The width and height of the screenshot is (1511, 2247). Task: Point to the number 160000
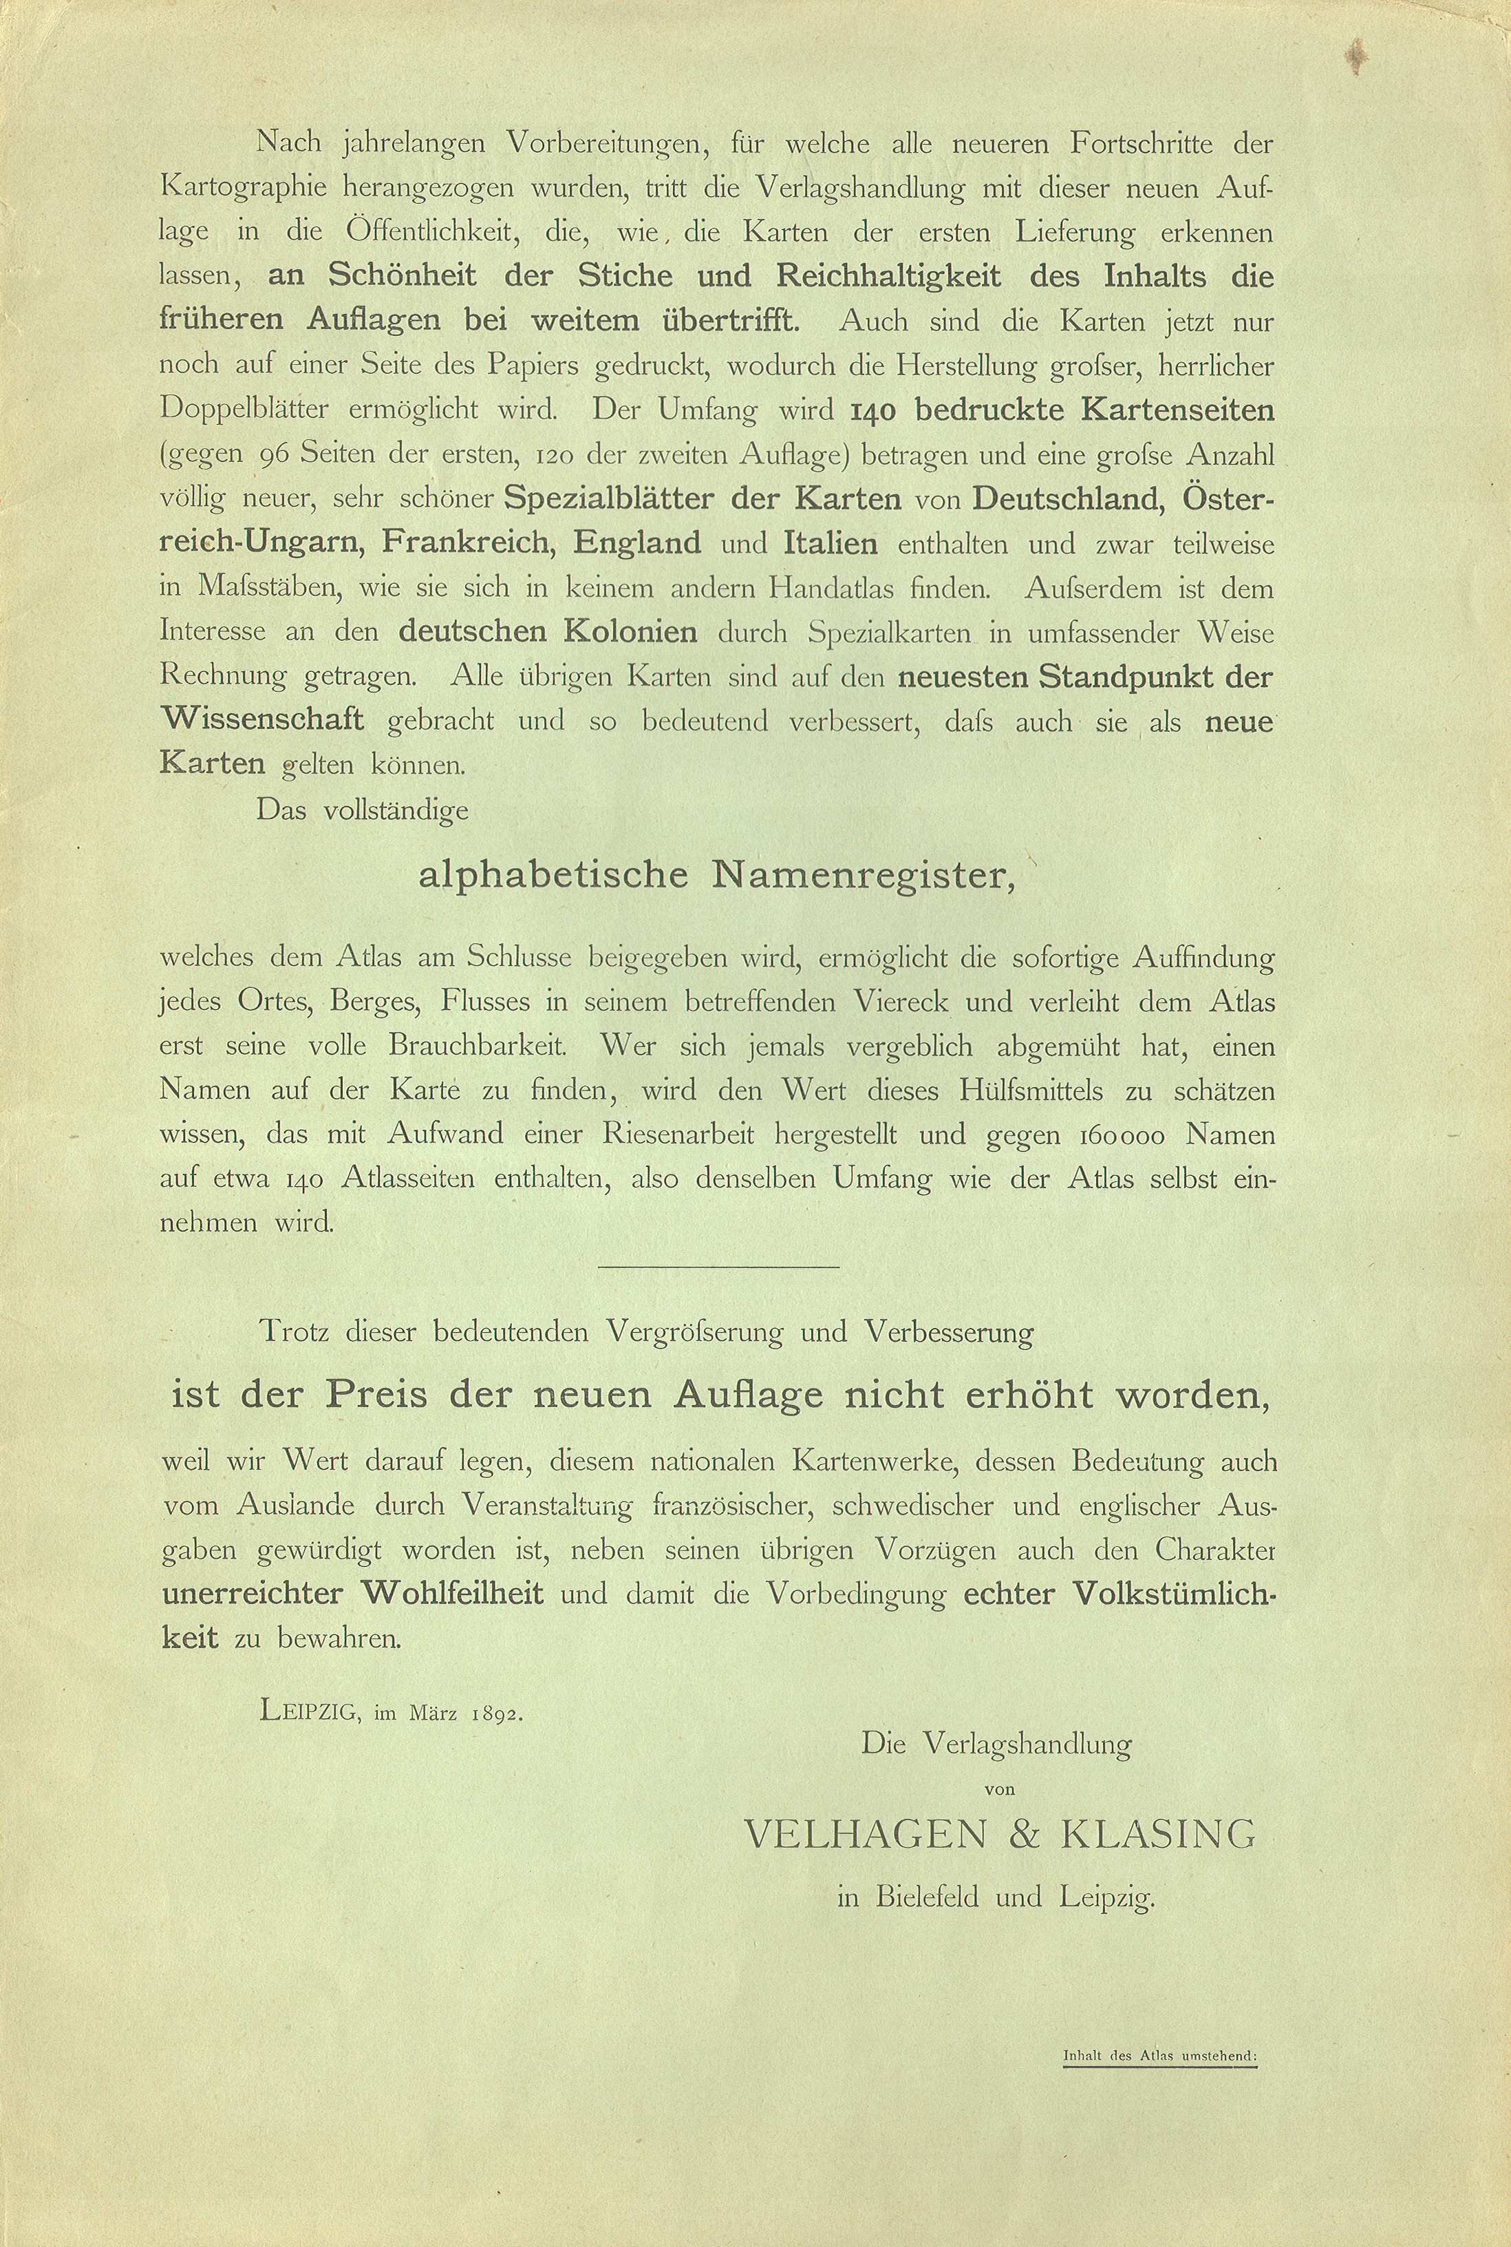point(1118,1136)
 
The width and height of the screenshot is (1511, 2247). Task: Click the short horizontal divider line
point(719,1266)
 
